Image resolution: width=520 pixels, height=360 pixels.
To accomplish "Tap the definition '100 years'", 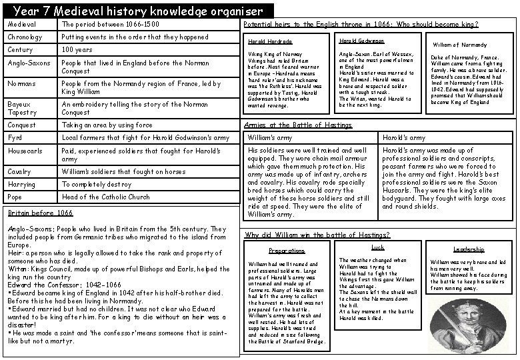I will click(x=77, y=50).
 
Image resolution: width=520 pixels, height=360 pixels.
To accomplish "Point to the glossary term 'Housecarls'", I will click(x=25, y=151).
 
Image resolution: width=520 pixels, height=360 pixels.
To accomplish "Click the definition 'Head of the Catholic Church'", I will click(x=106, y=197).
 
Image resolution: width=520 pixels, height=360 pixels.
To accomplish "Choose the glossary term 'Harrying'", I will click(x=23, y=184).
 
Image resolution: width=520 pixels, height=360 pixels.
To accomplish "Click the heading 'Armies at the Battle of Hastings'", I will click(x=298, y=125).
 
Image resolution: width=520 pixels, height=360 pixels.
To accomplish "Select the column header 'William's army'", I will click(x=270, y=138).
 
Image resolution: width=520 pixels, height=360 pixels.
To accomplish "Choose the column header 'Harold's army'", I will click(x=403, y=138).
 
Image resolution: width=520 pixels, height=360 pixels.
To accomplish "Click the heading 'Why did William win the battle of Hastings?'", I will click(x=317, y=235).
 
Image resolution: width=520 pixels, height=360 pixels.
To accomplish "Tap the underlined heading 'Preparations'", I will click(x=286, y=251).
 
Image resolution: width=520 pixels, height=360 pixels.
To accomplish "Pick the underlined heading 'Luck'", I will click(x=377, y=247).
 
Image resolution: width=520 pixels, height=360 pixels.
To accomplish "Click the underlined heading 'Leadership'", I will click(x=469, y=249).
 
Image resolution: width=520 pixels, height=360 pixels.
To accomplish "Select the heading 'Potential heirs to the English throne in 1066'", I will click(x=361, y=24).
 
